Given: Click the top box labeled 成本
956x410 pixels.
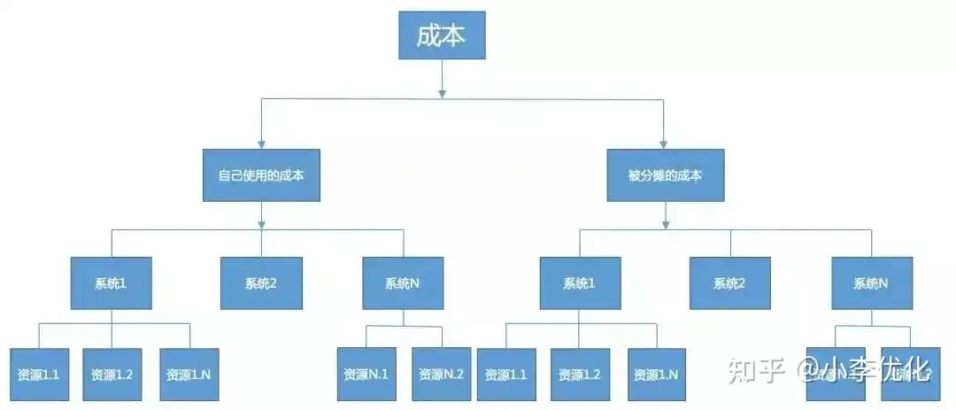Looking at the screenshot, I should coord(441,35).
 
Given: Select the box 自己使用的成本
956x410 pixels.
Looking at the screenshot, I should coord(261,175).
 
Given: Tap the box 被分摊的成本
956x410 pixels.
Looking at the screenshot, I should coord(666,175).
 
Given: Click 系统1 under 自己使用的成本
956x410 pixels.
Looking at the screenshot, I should coord(112,283).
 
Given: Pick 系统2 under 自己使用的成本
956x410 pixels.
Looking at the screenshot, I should coord(261,283).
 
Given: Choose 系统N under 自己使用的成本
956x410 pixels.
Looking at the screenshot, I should coord(403,283).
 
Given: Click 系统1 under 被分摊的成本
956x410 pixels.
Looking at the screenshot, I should coord(580,283).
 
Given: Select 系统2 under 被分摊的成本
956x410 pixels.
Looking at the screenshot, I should coord(729,283).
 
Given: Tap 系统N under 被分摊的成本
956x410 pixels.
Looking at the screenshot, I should coord(871,283).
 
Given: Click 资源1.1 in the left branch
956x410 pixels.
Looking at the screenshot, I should coord(38,374).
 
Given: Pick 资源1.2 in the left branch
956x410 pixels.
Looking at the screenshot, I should coord(112,374).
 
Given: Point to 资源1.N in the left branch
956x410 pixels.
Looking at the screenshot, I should coord(189,374).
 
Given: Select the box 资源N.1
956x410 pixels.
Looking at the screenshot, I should coord(366,374).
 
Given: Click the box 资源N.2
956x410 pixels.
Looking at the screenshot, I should coord(440,374).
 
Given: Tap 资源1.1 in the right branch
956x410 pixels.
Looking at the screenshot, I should coord(505,374).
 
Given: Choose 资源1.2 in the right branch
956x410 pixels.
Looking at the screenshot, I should coord(580,374).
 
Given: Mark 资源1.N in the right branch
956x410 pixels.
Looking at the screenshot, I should coord(656,374).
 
